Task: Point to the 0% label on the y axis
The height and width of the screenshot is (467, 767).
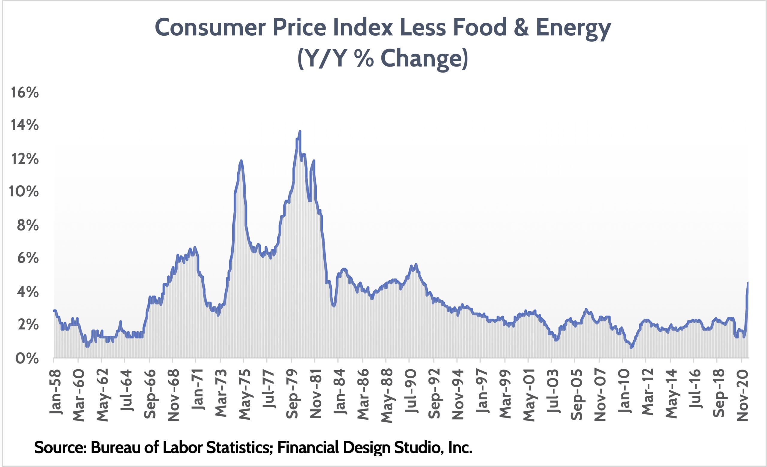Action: coord(27,359)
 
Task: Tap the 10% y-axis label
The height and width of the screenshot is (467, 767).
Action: coord(24,192)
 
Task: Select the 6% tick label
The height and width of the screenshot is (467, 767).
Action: coord(28,258)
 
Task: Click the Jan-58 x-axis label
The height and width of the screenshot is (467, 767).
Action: coord(56,391)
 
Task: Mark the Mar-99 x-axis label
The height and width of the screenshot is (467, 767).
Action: coord(505,394)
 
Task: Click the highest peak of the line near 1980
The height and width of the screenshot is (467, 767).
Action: coord(300,131)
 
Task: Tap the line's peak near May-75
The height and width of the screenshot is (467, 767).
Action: coord(241,161)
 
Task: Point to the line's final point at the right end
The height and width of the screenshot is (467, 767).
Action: coord(748,283)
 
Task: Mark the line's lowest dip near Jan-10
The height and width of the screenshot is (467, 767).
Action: coord(631,348)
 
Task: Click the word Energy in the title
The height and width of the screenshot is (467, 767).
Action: coord(573,27)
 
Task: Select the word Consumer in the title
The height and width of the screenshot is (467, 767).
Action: coord(210,27)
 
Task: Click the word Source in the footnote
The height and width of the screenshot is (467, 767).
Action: coord(60,448)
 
